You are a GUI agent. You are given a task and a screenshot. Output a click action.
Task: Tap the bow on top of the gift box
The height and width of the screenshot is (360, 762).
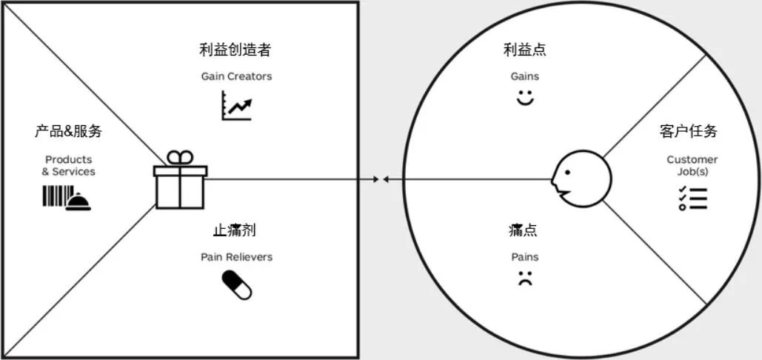point(179,157)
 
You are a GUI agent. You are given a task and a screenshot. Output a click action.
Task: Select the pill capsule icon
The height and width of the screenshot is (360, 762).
point(237,284)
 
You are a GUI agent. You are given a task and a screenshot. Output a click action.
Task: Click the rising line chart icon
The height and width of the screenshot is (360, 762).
point(236,105)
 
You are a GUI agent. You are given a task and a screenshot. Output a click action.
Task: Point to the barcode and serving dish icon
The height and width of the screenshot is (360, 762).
point(67,198)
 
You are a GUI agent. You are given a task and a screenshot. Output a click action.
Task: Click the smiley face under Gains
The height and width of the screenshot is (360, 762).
point(525,97)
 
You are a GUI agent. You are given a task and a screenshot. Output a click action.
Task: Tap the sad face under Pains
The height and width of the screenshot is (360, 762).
point(525,279)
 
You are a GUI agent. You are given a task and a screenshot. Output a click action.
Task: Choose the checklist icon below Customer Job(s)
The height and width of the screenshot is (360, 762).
point(692,198)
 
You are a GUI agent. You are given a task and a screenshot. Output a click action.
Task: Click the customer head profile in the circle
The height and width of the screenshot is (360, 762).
point(581,179)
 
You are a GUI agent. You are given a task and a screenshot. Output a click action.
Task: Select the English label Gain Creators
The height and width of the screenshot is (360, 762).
point(236,76)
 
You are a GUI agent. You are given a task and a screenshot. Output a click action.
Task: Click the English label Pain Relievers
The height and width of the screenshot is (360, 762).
point(236,257)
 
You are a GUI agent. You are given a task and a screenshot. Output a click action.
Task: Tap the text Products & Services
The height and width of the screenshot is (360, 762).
point(69,165)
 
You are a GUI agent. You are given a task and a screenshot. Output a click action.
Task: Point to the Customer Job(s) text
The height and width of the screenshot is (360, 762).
point(692,165)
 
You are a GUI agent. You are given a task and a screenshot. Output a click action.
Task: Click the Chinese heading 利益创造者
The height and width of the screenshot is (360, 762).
point(235,50)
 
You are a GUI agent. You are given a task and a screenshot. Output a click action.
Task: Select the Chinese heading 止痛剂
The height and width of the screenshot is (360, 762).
point(234,230)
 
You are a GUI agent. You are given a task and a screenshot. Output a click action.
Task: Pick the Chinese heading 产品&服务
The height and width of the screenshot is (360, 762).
point(69,132)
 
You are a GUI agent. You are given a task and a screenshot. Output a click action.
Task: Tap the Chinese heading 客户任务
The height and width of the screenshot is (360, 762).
point(688,132)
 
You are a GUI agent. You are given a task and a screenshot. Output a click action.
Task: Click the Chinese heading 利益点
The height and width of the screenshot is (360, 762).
point(525,50)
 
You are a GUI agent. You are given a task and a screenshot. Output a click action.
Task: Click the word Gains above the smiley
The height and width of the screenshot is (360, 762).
point(525,76)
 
